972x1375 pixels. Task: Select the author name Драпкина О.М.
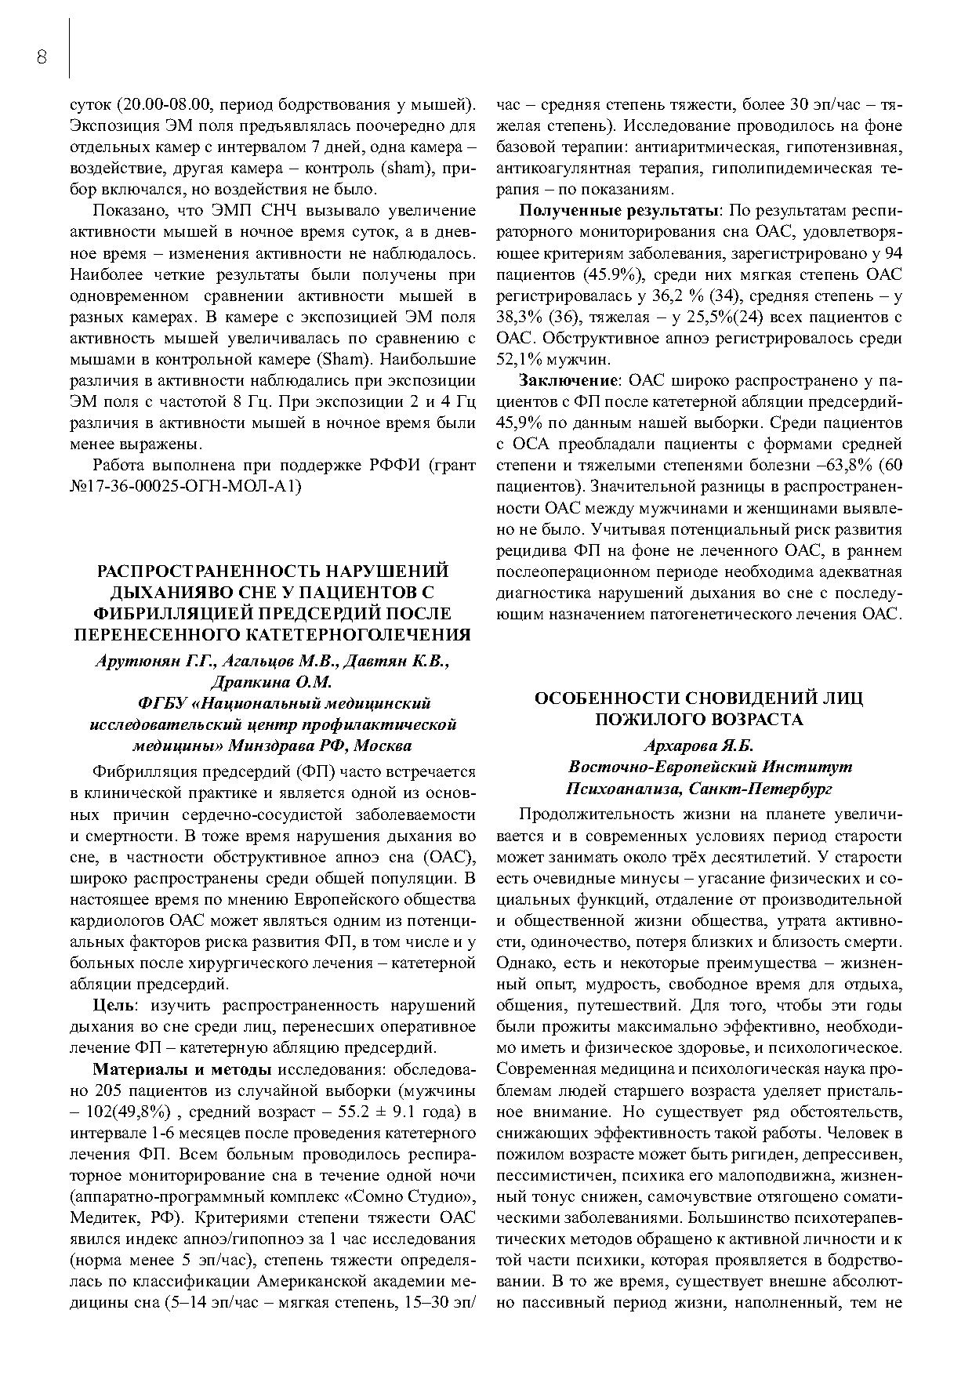coord(272,682)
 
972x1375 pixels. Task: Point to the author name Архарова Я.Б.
coord(698,746)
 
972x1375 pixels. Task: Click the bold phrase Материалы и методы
coord(182,1069)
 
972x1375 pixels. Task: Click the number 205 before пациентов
coord(107,1091)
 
